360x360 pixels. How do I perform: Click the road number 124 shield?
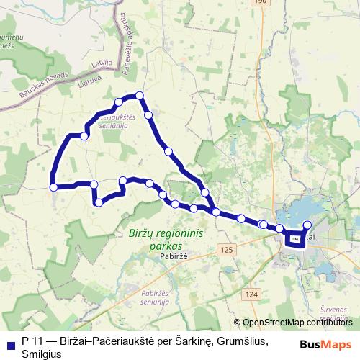pos(251,295)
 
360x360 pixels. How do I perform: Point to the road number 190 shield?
pos(260,3)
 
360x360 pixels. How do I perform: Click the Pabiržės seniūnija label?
pos(155,299)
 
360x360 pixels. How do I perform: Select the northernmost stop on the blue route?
pos(140,95)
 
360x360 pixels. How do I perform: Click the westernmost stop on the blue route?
pos(53,187)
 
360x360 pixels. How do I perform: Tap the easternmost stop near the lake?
pos(307,224)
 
